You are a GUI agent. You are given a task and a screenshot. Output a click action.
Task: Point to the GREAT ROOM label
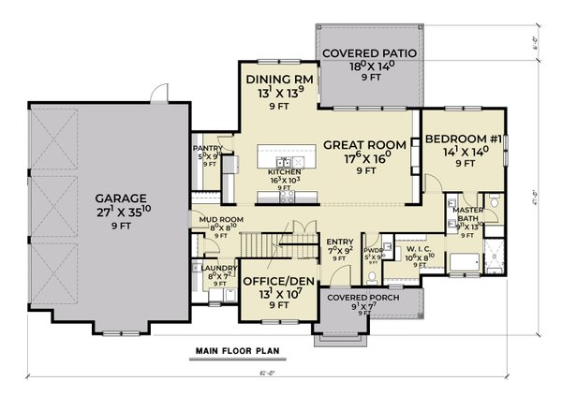coord(364,145)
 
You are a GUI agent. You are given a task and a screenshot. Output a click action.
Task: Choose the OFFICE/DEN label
coord(277,281)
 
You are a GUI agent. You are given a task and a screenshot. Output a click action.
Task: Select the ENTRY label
coord(338,242)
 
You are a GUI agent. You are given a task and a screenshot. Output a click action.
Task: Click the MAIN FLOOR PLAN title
coord(239,353)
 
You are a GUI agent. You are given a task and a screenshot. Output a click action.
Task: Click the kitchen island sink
coord(281,161)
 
